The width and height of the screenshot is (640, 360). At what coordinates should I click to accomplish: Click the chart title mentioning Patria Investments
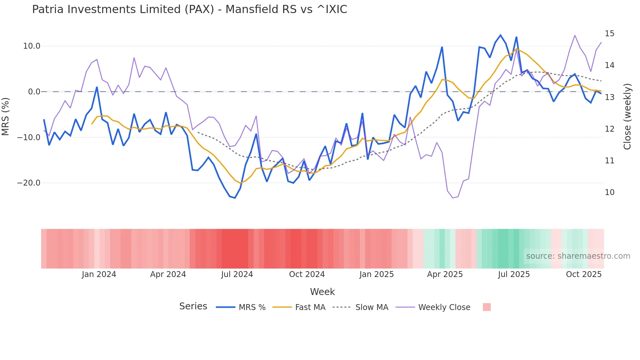tap(189, 9)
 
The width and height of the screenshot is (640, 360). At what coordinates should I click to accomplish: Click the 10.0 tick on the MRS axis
tap(32, 46)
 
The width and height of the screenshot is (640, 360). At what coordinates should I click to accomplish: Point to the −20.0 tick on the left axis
tap(29, 183)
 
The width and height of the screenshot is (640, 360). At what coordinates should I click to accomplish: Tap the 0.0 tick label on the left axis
tap(34, 92)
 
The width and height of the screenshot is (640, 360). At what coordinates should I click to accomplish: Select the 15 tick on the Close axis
tap(609, 34)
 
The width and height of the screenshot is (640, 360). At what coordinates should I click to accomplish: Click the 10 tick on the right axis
tap(609, 192)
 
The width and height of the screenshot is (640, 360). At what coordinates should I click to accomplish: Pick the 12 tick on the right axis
tap(609, 129)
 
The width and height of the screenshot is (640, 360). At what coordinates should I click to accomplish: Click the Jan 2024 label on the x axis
tap(99, 274)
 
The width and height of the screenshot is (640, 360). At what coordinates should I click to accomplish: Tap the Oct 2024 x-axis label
tap(307, 274)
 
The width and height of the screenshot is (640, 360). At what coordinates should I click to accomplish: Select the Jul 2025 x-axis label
tap(514, 274)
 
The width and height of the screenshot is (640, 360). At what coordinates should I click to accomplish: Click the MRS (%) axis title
tap(6, 117)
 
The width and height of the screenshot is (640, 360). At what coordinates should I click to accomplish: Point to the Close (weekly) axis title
tap(627, 117)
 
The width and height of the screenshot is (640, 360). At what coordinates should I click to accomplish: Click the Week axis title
tap(322, 292)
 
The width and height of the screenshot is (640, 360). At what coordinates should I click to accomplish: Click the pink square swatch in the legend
tap(487, 307)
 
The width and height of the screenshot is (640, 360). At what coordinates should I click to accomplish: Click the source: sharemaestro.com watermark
tap(578, 256)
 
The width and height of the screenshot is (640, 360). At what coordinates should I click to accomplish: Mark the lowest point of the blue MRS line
tap(235, 198)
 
